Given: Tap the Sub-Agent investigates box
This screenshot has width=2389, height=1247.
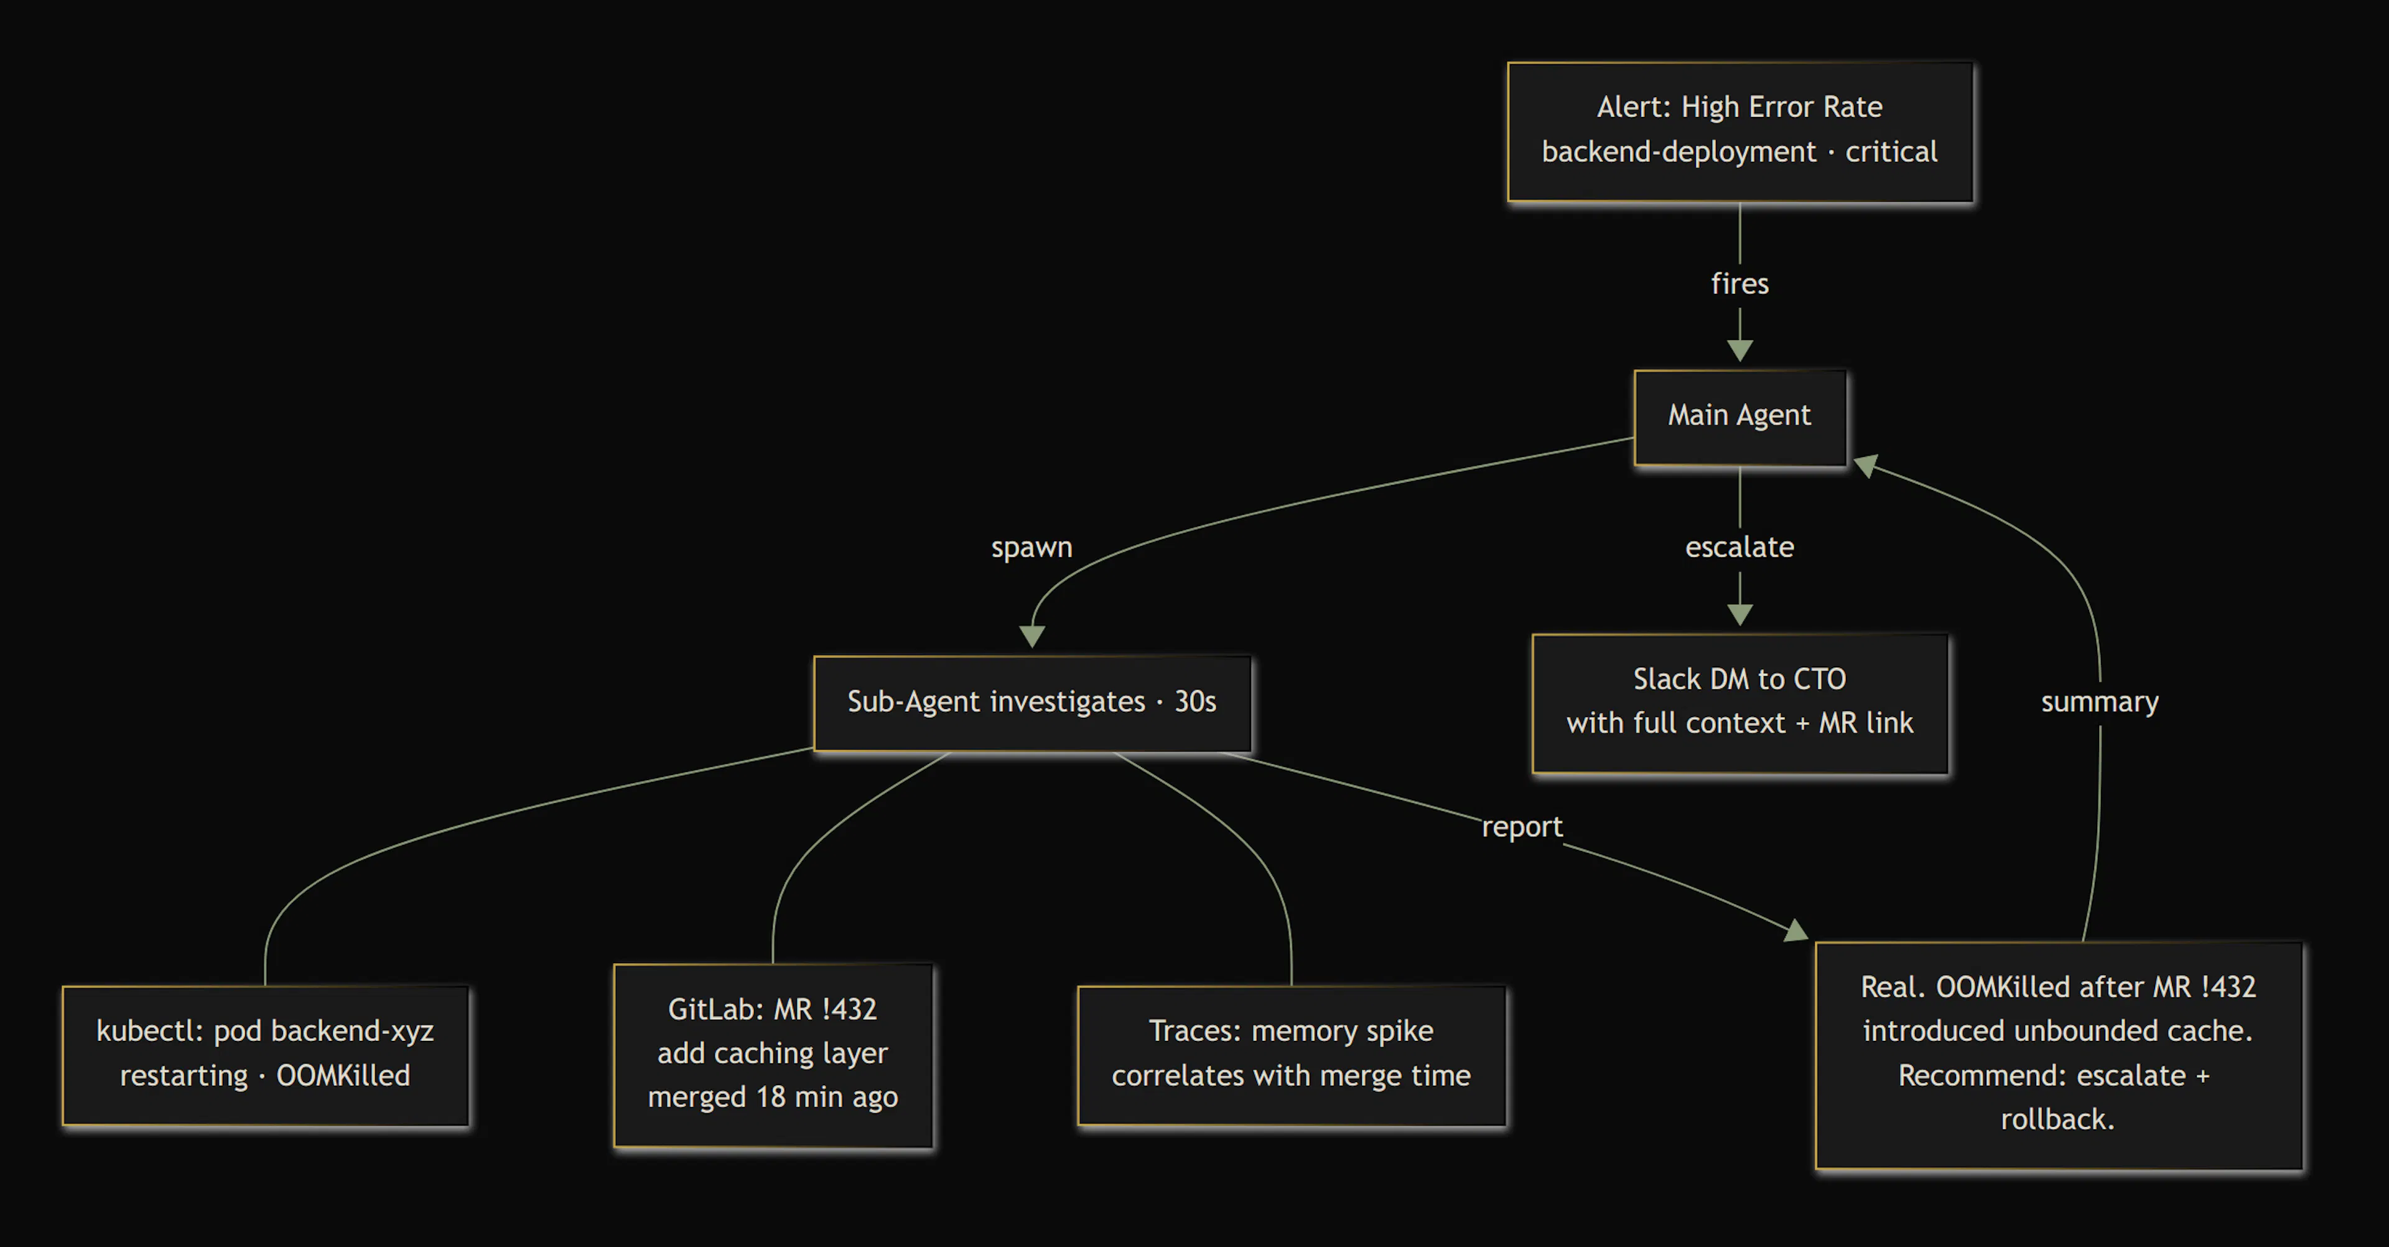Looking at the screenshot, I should (1032, 702).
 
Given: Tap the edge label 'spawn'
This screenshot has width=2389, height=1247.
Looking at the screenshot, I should (1032, 547).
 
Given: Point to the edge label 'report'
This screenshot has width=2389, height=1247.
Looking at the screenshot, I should (1522, 827).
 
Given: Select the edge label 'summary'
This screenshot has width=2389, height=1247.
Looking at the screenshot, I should (2100, 702).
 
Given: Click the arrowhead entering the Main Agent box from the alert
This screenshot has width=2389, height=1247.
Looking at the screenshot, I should (1740, 351).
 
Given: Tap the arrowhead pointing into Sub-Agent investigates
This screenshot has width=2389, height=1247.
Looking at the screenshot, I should (1032, 636).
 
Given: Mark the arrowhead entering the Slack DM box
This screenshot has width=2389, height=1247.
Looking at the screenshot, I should (1740, 614).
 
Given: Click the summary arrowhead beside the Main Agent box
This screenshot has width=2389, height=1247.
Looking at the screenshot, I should (1865, 465).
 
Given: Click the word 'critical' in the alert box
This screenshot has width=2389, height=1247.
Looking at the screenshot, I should (1891, 152).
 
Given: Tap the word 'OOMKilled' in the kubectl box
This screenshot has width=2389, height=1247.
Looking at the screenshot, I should (343, 1076).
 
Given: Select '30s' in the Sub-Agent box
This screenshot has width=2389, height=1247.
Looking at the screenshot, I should (1195, 702).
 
